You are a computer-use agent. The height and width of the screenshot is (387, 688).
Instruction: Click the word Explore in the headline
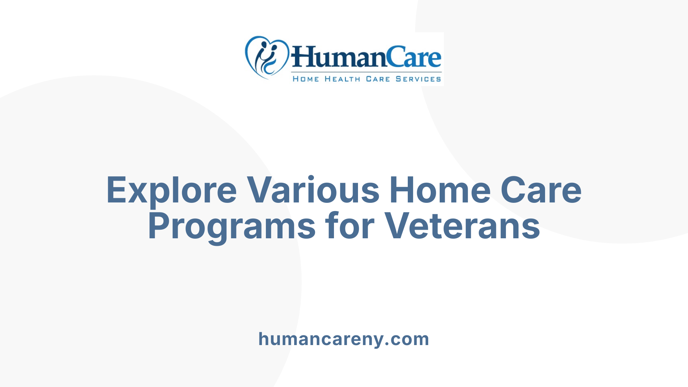[x=171, y=191]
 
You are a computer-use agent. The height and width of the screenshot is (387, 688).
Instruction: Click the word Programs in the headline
[x=231, y=227]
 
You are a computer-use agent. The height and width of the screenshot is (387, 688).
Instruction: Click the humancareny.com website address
[x=344, y=339]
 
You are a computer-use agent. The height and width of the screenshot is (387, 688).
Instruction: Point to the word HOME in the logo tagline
[x=306, y=79]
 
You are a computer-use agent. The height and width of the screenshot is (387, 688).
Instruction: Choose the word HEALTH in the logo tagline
[x=342, y=79]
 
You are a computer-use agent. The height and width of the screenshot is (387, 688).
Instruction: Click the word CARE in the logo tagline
[x=378, y=79]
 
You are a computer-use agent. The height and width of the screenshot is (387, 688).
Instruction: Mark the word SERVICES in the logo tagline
[x=418, y=79]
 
